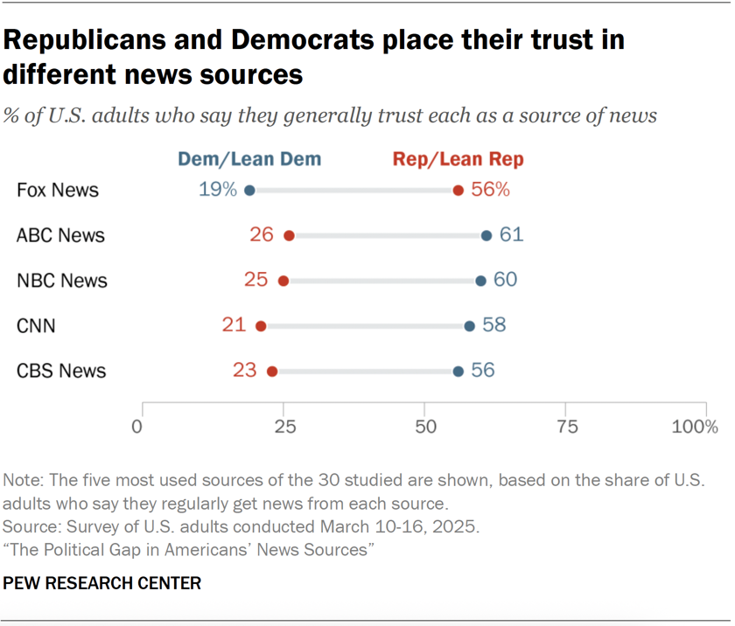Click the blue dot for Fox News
tap(249, 190)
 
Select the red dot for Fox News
tap(458, 190)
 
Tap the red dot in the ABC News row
tap(290, 235)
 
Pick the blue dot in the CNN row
tap(469, 326)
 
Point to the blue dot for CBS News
tap(458, 372)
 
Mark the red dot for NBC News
tap(283, 281)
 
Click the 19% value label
tap(216, 190)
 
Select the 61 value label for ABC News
tap(511, 235)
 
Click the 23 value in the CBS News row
tap(244, 371)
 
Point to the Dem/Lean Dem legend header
tap(249, 159)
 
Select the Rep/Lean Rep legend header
tap(458, 159)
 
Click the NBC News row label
tap(62, 281)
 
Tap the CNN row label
tap(36, 326)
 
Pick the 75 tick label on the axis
tap(567, 427)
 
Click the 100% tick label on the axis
tap(695, 427)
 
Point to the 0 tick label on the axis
tap(137, 427)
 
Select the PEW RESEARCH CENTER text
tap(102, 582)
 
